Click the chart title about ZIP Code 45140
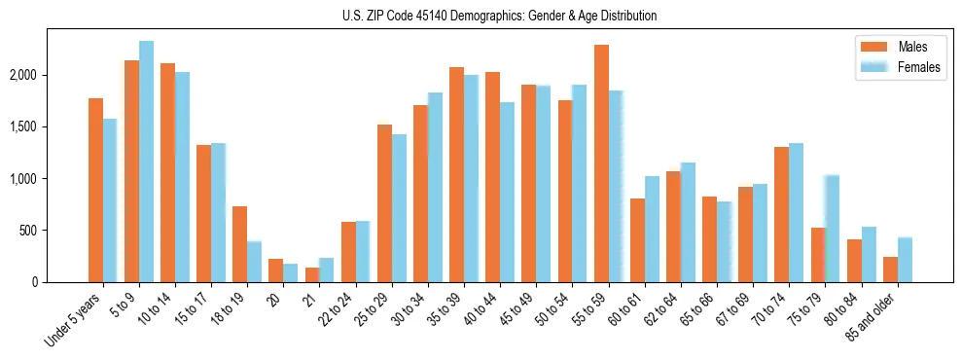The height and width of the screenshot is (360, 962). tap(499, 16)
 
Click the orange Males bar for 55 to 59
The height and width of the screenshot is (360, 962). tap(601, 163)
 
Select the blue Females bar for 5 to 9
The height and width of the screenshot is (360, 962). tap(146, 162)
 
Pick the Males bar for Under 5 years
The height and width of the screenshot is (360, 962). tap(95, 190)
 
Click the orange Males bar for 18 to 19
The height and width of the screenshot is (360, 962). tap(239, 244)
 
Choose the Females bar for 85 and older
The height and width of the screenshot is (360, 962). tap(905, 260)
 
